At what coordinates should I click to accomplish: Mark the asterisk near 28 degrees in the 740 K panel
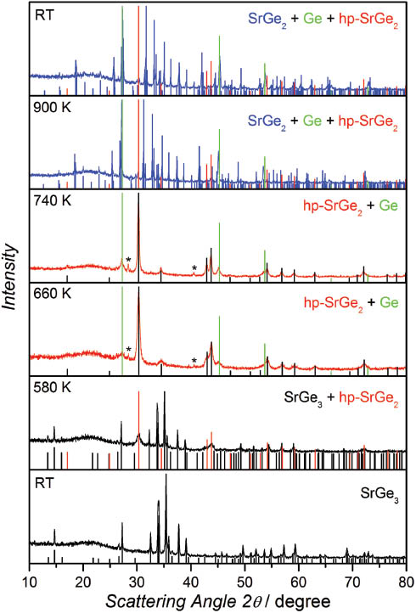pyautogui.click(x=128, y=260)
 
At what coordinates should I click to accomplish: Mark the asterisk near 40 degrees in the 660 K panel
pyautogui.click(x=194, y=361)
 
